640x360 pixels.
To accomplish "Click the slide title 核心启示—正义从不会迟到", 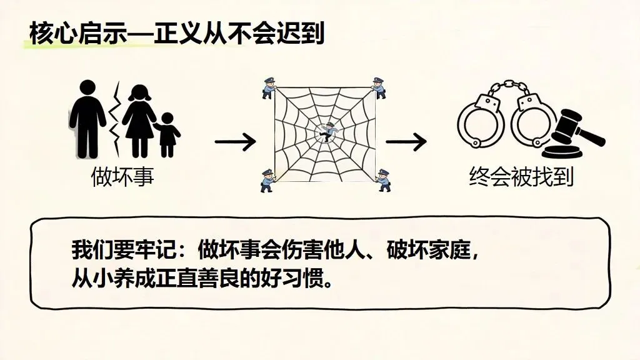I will pyautogui.click(x=176, y=32).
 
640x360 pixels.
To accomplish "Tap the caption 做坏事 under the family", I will pyautogui.click(x=122, y=177).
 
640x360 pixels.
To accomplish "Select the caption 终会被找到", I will pyautogui.click(x=521, y=177).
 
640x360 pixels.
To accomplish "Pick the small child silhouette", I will pyautogui.click(x=167, y=133).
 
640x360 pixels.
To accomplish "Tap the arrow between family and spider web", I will pyautogui.click(x=235, y=142).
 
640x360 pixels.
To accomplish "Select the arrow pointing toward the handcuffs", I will pyautogui.click(x=407, y=142).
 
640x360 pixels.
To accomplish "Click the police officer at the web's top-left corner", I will pyautogui.click(x=269, y=87).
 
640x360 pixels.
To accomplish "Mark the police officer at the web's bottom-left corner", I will pyautogui.click(x=267, y=179).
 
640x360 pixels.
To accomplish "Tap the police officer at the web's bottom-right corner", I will pyautogui.click(x=382, y=180).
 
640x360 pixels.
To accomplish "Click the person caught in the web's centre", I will pyautogui.click(x=326, y=131).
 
